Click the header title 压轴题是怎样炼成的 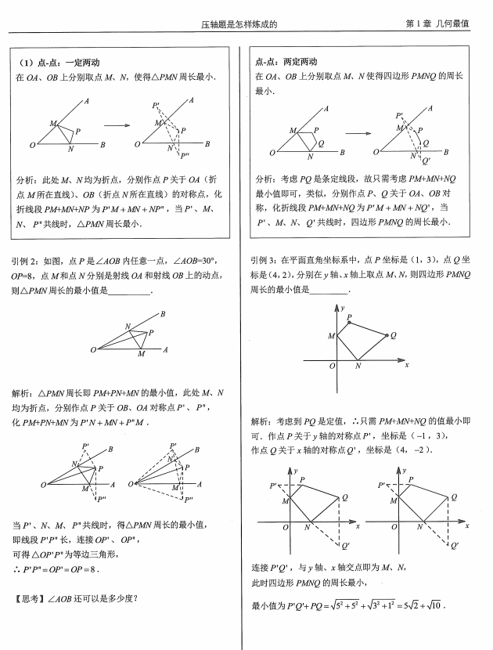(239, 24)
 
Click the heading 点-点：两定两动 (287, 63)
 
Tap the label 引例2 (23, 261)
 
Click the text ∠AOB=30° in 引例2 (191, 261)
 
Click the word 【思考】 (28, 599)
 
